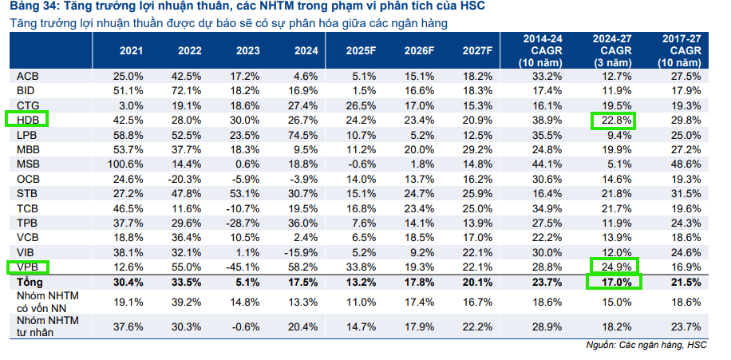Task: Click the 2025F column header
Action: click(x=361, y=51)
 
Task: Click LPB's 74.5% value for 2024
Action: click(x=303, y=134)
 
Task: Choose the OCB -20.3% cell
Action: click(x=186, y=179)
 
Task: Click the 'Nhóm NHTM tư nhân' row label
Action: click(x=47, y=326)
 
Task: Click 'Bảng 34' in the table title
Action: click(x=30, y=6)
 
